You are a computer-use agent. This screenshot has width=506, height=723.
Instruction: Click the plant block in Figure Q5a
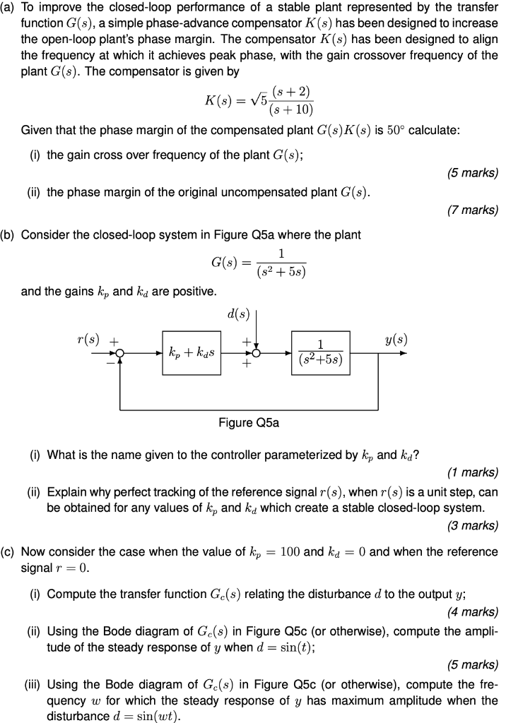pos(320,352)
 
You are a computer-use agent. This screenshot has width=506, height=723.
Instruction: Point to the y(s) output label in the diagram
pos(396,340)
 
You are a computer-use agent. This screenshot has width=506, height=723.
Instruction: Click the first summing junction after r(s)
pos(120,353)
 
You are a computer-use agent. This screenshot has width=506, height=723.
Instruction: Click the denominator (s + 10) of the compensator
pos(289,109)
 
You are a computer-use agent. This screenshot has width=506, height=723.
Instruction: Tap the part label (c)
pos(10,551)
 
